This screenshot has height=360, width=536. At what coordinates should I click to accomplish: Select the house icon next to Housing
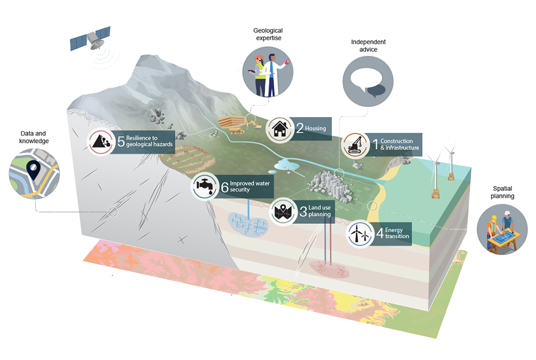coord(279,129)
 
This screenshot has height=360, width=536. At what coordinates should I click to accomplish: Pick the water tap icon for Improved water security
coord(204,186)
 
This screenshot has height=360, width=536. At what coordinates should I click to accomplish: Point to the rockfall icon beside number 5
coord(101,142)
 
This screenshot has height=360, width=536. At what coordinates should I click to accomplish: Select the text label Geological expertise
coord(267,35)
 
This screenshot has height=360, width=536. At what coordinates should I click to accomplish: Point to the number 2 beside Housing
coord(299,129)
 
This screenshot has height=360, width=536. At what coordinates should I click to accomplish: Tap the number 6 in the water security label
coord(224,187)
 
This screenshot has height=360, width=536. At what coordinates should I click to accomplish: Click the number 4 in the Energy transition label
coord(380,233)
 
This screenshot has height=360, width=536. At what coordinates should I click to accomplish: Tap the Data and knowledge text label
coord(35,137)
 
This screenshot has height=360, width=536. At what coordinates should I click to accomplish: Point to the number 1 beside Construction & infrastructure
coord(375,143)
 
